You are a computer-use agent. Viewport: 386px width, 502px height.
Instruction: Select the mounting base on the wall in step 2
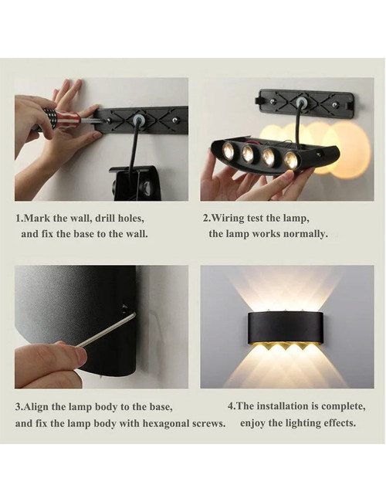306,101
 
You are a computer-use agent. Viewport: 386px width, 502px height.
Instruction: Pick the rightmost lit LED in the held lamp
290,160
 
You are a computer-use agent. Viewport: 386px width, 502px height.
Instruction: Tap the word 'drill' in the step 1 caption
107,219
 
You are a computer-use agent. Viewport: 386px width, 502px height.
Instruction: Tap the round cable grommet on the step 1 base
139,120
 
